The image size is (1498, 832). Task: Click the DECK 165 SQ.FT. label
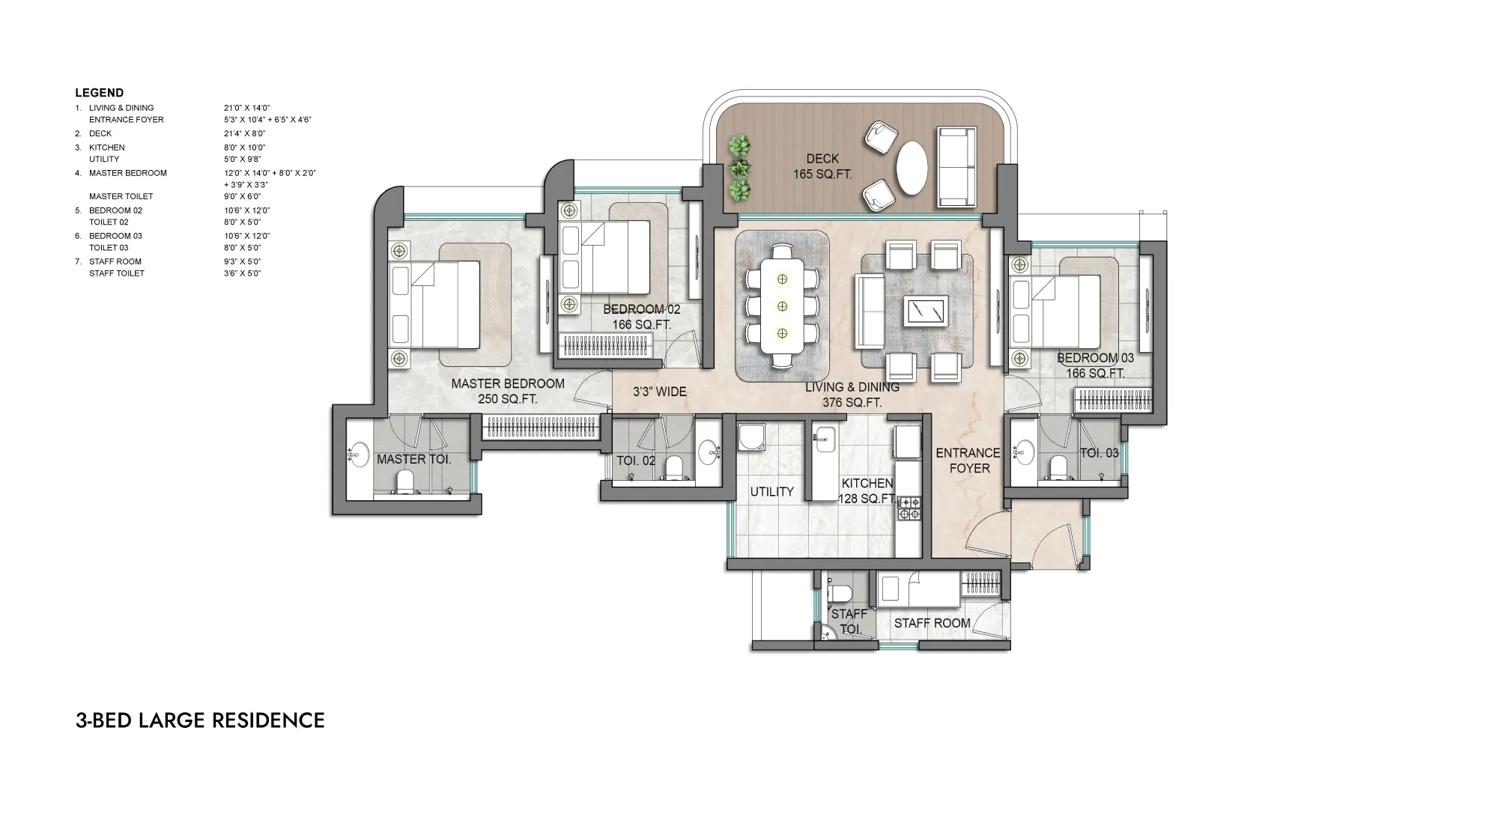point(822,166)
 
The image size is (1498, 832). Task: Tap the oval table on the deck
point(911,166)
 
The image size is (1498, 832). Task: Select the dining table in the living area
point(782,306)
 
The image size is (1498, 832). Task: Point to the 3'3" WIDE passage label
point(659,392)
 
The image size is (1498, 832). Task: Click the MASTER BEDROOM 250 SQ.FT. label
point(508,392)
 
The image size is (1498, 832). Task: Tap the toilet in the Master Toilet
point(404,483)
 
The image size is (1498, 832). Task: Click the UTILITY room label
point(771,492)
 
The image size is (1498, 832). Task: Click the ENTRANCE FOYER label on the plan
point(968,461)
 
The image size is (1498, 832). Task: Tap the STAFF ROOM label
point(932,623)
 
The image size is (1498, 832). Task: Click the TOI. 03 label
point(1099,453)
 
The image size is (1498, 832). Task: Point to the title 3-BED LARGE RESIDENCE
point(200,720)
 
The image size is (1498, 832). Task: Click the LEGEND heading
point(99,93)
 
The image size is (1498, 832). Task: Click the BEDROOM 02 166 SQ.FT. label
point(641,317)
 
